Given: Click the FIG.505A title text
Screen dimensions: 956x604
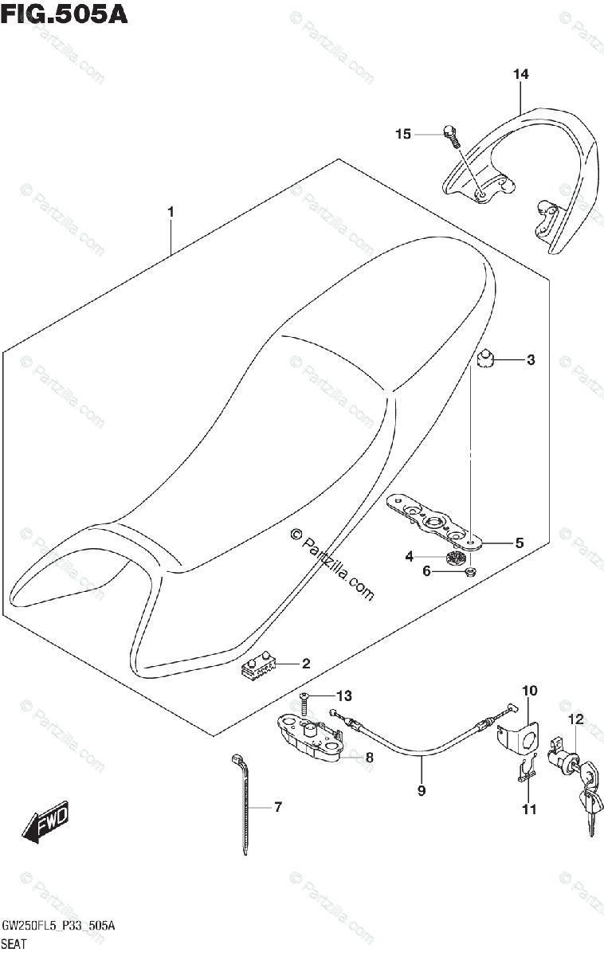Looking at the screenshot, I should tap(64, 14).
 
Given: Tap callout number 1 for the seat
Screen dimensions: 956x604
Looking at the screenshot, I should tap(171, 212).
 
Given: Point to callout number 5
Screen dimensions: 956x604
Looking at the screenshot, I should tap(519, 543).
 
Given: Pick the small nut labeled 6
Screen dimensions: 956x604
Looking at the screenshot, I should tap(469, 571).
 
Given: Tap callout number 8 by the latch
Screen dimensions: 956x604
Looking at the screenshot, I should tap(369, 757).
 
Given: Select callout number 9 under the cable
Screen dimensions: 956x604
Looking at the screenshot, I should tap(422, 790).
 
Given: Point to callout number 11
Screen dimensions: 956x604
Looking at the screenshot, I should tap(529, 809).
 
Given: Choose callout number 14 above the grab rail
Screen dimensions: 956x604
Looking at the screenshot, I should tap(520, 74).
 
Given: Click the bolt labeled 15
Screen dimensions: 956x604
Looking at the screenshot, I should tap(452, 138).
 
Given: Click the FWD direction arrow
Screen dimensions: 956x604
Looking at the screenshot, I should tap(47, 821).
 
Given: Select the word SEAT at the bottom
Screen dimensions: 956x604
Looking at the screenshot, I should tap(15, 943).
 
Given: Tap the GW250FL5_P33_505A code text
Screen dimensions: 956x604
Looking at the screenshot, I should tap(59, 926).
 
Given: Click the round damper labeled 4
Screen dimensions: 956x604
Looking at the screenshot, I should tap(457, 558).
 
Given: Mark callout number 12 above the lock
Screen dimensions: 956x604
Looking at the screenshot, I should tap(575, 719).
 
